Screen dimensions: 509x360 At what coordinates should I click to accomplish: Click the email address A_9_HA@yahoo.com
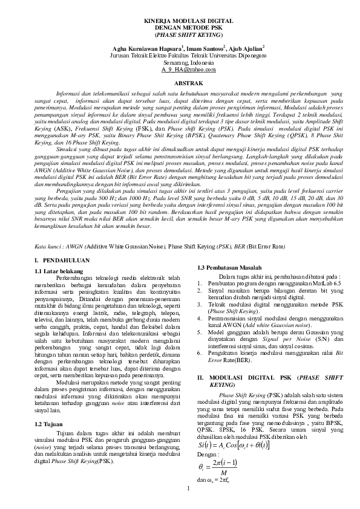point(180,70)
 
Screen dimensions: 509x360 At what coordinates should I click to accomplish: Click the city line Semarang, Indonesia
point(180,62)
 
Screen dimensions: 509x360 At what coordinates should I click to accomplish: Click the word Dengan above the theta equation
point(209,455)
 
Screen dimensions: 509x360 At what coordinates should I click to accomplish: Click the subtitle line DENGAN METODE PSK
point(180,28)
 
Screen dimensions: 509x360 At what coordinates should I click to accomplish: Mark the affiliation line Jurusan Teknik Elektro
point(180,55)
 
